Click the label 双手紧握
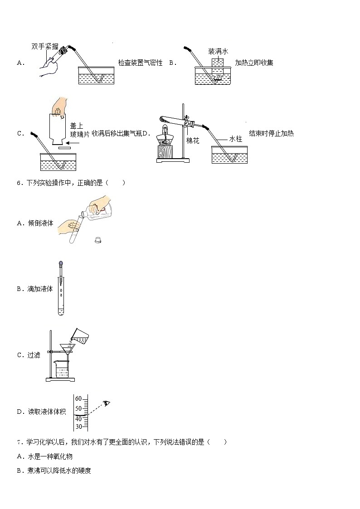click(45, 46)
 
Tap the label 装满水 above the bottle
click(218, 51)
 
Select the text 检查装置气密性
click(140, 63)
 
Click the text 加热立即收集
click(254, 63)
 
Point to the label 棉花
click(193, 141)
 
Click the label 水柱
click(236, 139)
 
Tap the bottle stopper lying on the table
click(97, 240)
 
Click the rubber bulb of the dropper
click(61, 264)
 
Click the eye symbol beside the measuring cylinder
click(107, 403)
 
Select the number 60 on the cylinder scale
click(78, 398)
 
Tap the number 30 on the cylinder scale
click(78, 427)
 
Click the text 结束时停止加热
click(272, 133)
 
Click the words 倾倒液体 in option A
click(40, 223)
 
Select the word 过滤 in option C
click(34, 355)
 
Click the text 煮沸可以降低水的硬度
click(59, 470)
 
